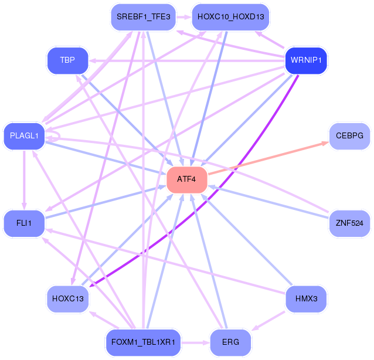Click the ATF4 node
point(187,179)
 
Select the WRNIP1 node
point(306,60)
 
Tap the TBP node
point(67,60)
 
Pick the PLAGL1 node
point(24,136)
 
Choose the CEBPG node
point(349,136)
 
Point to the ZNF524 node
point(349,223)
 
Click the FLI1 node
point(24,223)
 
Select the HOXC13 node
point(68,299)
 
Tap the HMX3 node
point(306,299)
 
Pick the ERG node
point(230,342)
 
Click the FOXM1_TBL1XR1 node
point(143,342)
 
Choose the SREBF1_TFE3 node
point(144,17)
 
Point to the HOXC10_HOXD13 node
point(230,17)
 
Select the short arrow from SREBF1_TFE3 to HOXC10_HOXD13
point(184,17)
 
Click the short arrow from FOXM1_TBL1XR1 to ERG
point(195,343)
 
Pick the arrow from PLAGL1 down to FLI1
point(24,180)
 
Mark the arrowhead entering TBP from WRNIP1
point(92,61)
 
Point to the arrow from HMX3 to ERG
point(268,321)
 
